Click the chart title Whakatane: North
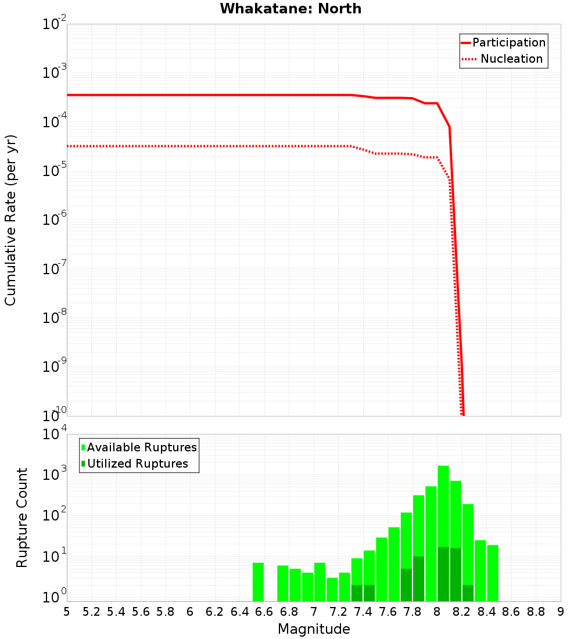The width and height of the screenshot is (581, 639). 290,9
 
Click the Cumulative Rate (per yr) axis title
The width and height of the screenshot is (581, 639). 10,220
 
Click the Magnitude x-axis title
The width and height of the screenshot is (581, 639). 314,629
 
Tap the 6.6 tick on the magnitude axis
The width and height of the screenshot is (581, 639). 264,612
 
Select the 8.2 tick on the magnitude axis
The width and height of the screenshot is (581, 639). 462,612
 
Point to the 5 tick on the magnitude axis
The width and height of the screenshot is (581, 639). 67,612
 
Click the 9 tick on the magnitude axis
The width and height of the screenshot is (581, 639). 561,612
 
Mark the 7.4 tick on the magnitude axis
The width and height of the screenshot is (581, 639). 363,612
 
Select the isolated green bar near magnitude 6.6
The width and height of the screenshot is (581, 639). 258,581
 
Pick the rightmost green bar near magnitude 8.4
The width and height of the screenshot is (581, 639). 493,573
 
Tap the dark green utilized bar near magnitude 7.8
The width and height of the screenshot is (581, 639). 418,579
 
